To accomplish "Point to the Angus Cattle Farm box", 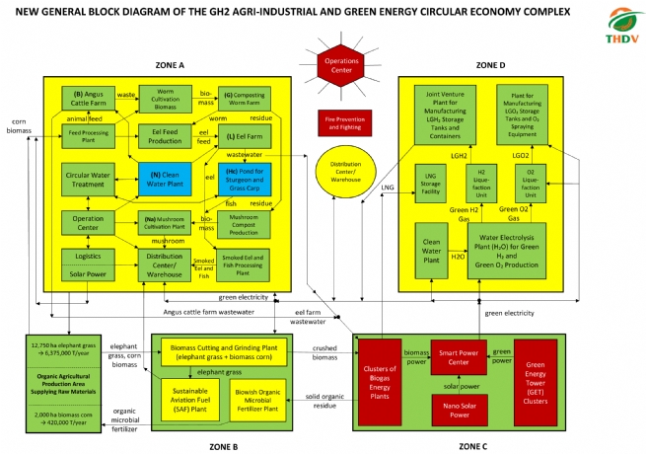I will tap(89, 98).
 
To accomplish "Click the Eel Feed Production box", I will tap(163, 138).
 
